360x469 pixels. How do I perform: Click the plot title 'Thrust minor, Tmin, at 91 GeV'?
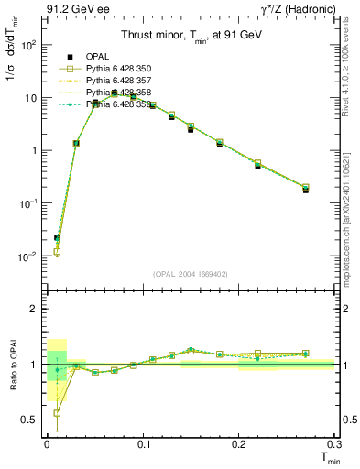[190, 37]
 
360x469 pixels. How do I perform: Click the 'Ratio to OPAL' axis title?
[12, 365]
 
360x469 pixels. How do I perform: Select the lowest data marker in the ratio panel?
[57, 413]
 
